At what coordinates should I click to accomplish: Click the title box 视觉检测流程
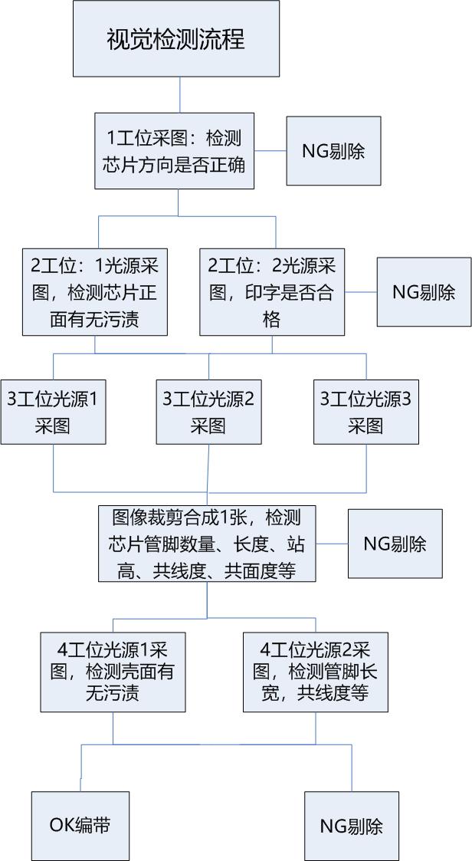[x=176, y=38]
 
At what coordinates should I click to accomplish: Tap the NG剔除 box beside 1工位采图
[x=333, y=151]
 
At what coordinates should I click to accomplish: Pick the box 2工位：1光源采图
[x=94, y=292]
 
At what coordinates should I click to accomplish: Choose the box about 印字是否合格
[x=272, y=292]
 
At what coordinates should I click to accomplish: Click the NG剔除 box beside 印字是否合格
[x=424, y=292]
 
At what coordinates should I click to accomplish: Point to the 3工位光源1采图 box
[x=53, y=412]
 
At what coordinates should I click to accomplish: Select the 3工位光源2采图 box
[x=208, y=412]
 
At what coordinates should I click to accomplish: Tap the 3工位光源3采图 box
[x=365, y=412]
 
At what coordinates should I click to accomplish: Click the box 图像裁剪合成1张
[x=207, y=543]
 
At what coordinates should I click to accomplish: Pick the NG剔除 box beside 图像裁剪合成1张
[x=395, y=544]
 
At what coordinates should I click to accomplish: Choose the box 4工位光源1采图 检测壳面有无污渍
[x=113, y=672]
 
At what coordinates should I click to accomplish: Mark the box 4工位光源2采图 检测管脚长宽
[x=315, y=672]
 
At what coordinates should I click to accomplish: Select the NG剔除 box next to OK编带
[x=351, y=826]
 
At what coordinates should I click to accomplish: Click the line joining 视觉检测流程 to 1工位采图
[x=179, y=94]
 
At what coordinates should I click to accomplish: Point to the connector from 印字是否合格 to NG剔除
[x=361, y=292]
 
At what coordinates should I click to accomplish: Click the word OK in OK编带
[x=61, y=826]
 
